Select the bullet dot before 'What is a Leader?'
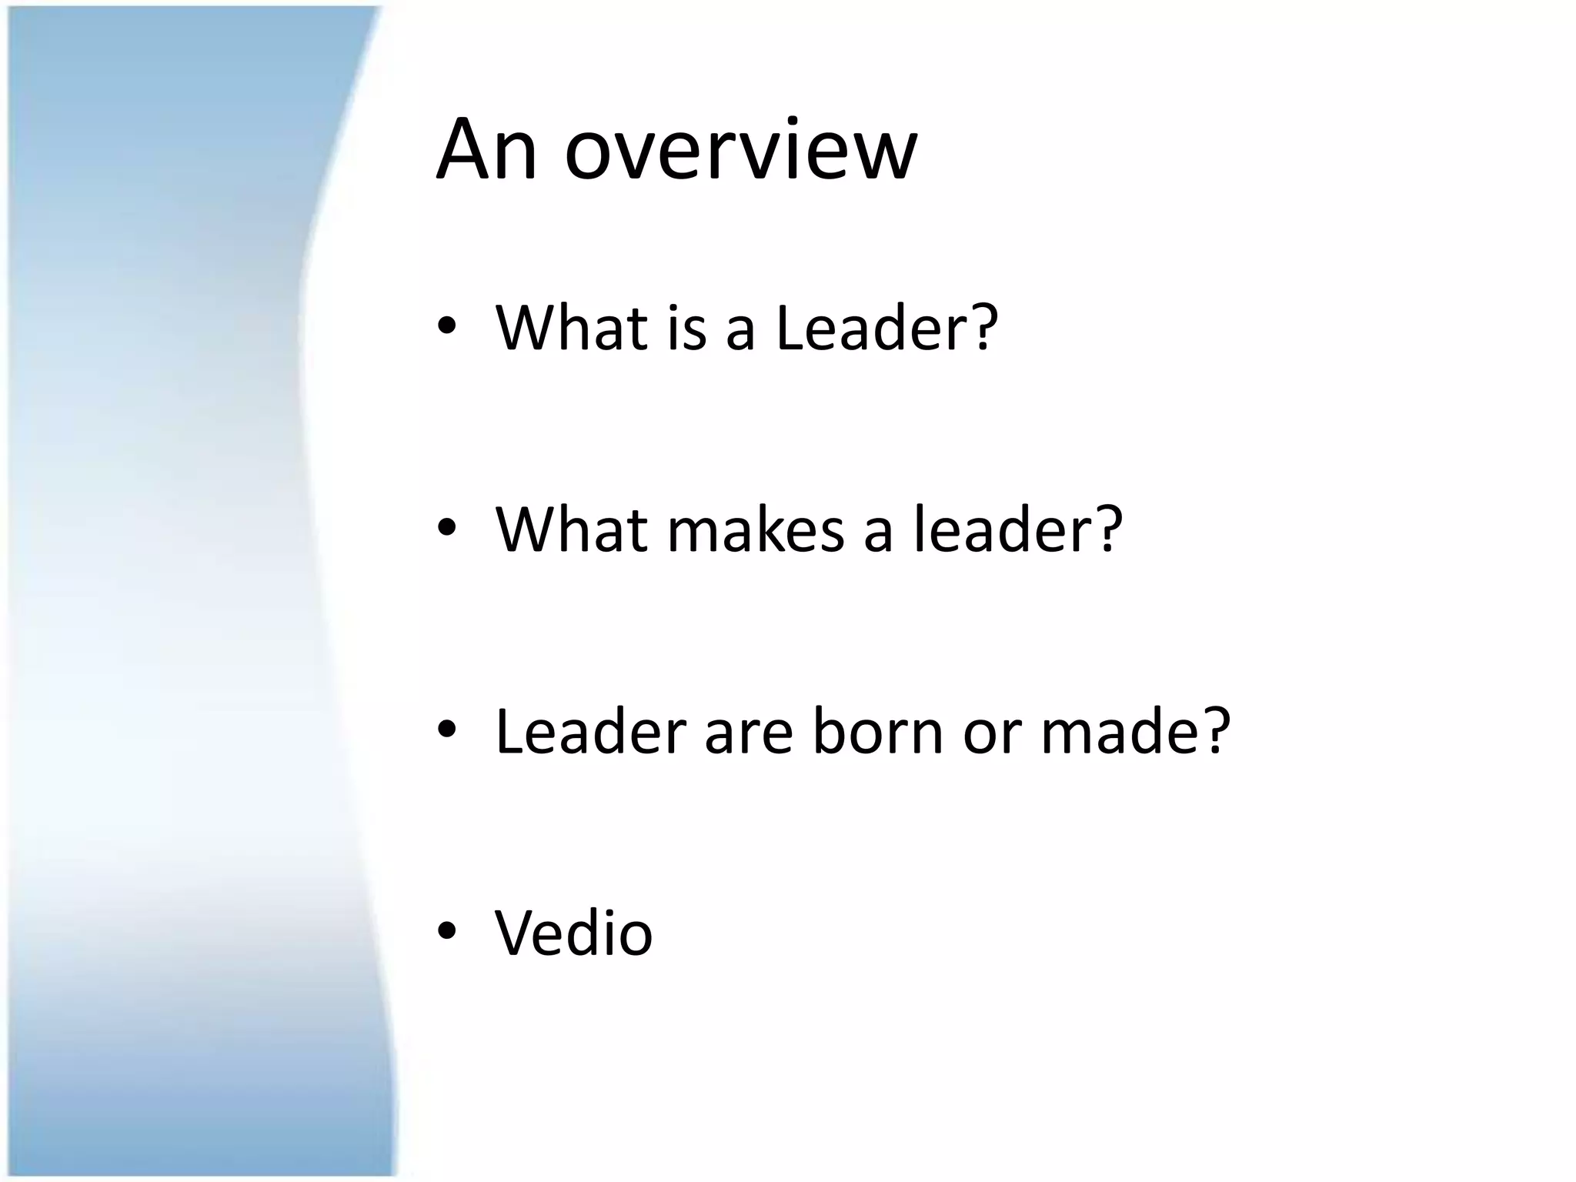click(447, 326)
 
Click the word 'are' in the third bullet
click(748, 733)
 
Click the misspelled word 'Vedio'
click(573, 933)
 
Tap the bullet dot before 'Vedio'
click(447, 931)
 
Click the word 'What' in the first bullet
click(571, 328)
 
